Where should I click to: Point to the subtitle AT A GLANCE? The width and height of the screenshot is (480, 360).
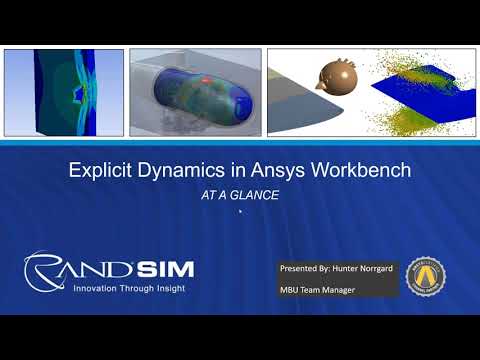pos(240,196)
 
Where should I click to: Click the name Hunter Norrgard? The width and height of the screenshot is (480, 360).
pos(368,270)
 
